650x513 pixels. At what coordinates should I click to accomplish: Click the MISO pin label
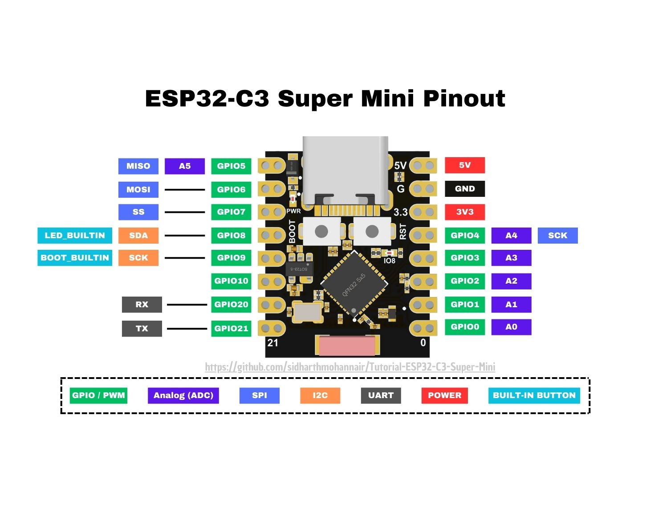click(x=138, y=166)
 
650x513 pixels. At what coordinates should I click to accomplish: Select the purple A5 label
click(x=185, y=166)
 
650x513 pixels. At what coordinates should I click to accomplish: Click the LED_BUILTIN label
click(x=75, y=236)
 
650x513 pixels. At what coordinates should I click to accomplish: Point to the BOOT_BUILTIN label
click(x=75, y=258)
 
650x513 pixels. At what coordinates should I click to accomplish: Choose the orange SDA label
click(x=138, y=236)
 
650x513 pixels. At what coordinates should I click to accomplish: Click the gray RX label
click(x=142, y=305)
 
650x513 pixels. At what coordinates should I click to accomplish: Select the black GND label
click(x=465, y=189)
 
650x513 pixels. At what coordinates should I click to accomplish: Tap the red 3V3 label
click(x=465, y=212)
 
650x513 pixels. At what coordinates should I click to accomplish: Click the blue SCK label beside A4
click(x=558, y=236)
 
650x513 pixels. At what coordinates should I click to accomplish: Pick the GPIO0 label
click(x=465, y=327)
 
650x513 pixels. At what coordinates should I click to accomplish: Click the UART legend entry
click(x=381, y=396)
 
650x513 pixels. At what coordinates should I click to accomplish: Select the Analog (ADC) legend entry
click(x=183, y=396)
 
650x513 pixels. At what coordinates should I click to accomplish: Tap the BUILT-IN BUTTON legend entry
click(x=534, y=396)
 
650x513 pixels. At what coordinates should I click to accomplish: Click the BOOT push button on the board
click(x=321, y=232)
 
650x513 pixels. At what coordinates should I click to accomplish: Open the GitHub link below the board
click(x=350, y=367)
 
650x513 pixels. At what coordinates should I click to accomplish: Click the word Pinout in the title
click(x=464, y=99)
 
